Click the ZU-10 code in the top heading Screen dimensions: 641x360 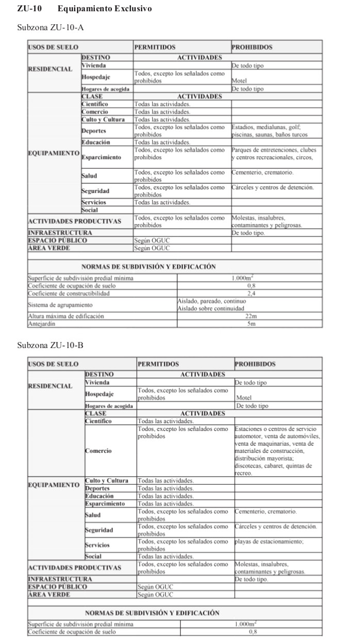click(x=30, y=9)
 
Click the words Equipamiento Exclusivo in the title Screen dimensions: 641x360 click(x=105, y=9)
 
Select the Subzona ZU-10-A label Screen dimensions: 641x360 click(x=50, y=27)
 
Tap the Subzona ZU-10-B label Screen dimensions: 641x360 click(x=50, y=344)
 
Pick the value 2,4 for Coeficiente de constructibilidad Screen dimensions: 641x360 click(x=251, y=293)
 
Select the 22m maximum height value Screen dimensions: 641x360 click(x=251, y=316)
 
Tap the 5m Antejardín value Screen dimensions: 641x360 click(x=251, y=324)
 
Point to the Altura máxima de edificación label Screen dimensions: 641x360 click(x=66, y=316)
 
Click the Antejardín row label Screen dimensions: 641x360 click(x=41, y=324)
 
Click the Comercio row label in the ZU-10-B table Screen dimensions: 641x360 click(x=98, y=451)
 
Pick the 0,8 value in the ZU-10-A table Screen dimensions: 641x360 click(x=251, y=285)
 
